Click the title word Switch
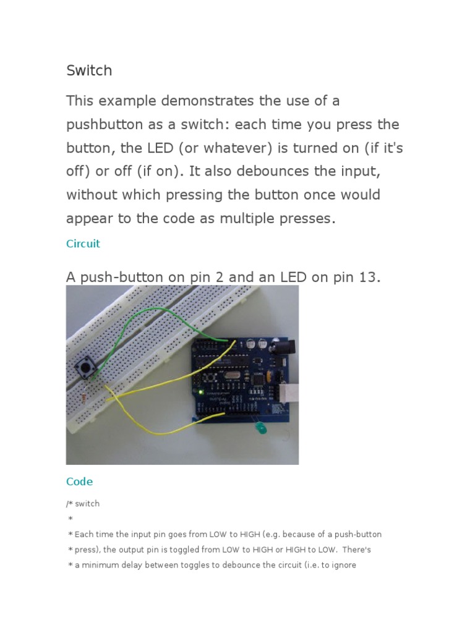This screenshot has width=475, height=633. pyautogui.click(x=89, y=70)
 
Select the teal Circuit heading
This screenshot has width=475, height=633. pyautogui.click(x=83, y=244)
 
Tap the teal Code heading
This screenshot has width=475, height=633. pyautogui.click(x=79, y=481)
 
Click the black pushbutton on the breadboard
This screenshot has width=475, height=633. pyautogui.click(x=84, y=368)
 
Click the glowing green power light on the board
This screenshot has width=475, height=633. pyautogui.click(x=201, y=391)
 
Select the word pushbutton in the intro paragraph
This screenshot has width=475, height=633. pyautogui.click(x=104, y=124)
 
